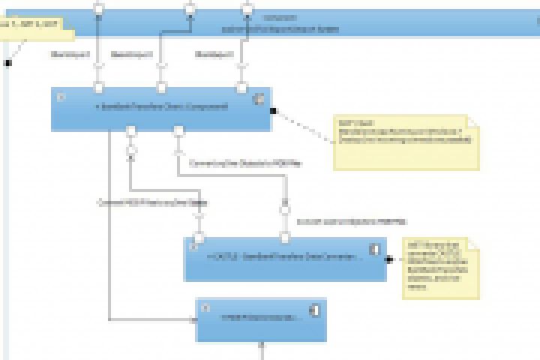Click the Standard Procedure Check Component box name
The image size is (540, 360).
pos(162,107)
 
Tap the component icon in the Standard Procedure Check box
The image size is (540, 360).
pos(259,97)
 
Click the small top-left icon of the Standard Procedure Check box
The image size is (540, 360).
pos(61,97)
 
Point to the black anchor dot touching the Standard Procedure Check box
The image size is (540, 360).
pos(274,111)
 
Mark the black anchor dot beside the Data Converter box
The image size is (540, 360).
pos(389,259)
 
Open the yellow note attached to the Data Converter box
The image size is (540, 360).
pos(440,268)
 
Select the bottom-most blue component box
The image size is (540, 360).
pos(261,319)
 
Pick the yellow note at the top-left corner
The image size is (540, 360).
pos(34,29)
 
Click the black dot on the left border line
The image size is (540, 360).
pos(8,63)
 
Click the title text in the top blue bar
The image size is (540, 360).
pos(280,28)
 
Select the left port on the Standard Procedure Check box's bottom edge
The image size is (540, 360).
pos(130,131)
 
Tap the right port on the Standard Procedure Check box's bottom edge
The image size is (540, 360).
pos(178,131)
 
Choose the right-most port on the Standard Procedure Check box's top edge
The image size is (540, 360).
pos(241,88)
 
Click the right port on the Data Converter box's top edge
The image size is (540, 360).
pos(285,238)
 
